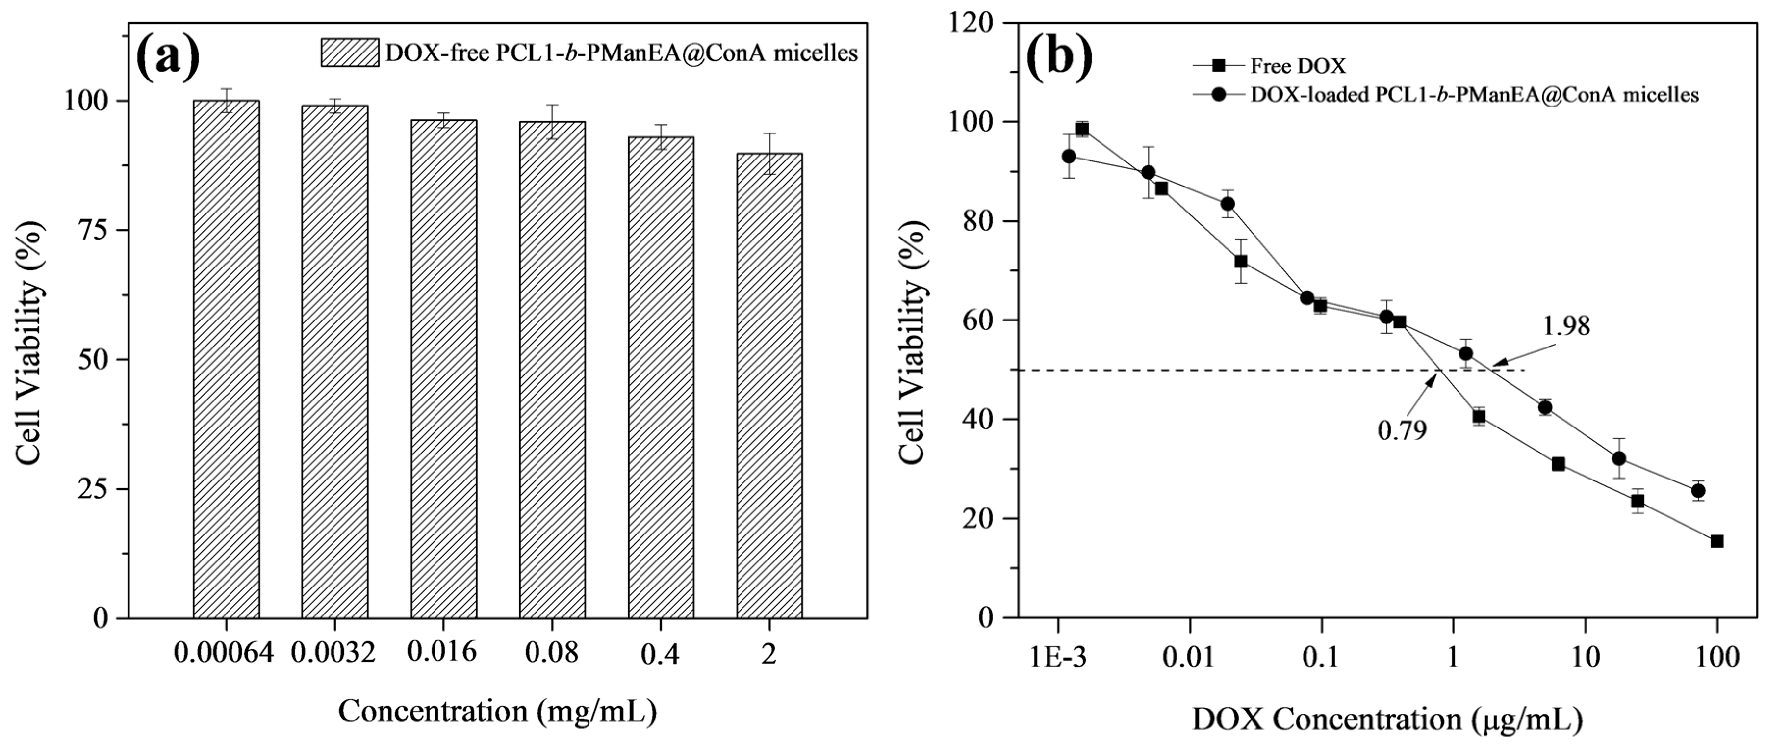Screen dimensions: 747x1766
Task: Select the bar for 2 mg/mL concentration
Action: (769, 385)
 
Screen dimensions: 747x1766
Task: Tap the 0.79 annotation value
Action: (1402, 431)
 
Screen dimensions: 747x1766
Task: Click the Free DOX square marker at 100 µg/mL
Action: (1716, 541)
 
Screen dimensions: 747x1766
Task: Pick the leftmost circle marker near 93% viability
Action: (1069, 157)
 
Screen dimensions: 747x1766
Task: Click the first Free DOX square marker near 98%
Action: (1082, 130)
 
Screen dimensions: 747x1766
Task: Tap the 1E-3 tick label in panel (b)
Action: (1058, 657)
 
